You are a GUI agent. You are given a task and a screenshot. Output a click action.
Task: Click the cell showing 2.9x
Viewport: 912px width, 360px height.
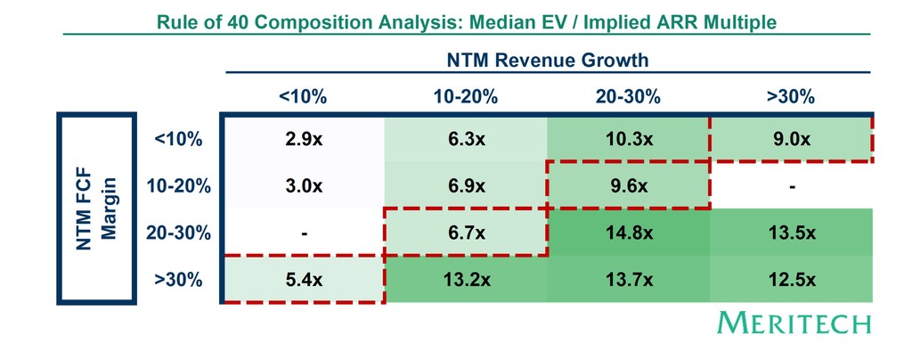pos(304,140)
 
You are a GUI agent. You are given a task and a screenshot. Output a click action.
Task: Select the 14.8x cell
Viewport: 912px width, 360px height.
pos(628,233)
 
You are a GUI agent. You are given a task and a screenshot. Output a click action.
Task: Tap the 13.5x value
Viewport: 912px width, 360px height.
pos(791,233)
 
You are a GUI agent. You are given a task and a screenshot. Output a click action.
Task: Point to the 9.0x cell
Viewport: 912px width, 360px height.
pos(791,140)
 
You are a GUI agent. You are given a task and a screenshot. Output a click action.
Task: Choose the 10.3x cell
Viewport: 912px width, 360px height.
pos(628,140)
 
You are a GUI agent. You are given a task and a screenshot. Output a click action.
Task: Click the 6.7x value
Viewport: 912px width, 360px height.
pos(466,233)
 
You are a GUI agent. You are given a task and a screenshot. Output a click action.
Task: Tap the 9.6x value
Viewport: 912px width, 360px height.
pos(628,187)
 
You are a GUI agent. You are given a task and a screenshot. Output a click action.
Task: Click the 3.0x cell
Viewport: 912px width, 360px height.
pos(304,187)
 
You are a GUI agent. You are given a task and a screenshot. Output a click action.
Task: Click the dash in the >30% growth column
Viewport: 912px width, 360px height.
pos(791,187)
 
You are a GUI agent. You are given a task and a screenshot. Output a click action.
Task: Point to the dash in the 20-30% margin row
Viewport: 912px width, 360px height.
pos(304,233)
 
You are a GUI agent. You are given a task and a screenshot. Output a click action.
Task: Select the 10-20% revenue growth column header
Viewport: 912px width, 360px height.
pos(466,97)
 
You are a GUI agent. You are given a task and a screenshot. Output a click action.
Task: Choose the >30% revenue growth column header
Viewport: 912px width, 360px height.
pos(791,97)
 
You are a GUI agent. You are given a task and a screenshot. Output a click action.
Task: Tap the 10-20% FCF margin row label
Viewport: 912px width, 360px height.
pos(179,187)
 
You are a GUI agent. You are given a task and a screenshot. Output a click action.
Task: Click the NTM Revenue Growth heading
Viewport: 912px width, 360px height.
pos(547,60)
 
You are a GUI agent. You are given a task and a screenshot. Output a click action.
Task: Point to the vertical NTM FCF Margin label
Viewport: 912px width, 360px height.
pos(95,210)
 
